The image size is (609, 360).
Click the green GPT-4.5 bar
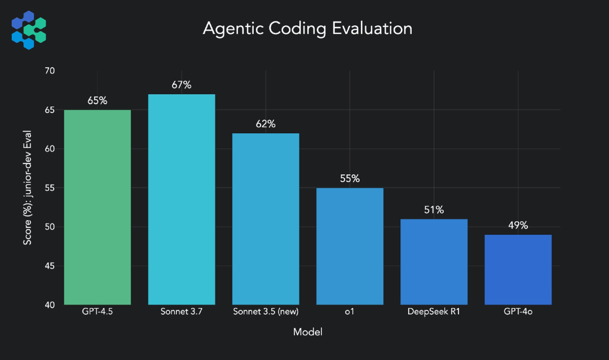pos(97,207)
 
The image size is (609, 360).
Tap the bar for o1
pos(350,246)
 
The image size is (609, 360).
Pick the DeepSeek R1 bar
pos(434,262)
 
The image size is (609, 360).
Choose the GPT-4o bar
pos(518,270)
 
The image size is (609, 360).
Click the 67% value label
pos(181,85)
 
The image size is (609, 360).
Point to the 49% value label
pos(518,226)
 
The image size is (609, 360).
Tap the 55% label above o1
pos(350,179)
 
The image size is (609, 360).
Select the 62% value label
pos(266,124)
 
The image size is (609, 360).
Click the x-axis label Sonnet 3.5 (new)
pos(266,312)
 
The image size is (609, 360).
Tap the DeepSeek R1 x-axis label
pos(434,312)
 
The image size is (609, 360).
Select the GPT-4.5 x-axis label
pos(97,312)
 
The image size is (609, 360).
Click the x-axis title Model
pos(307,332)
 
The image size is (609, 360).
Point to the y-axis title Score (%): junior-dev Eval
pos(27,188)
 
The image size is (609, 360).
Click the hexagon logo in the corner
pos(29,29)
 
